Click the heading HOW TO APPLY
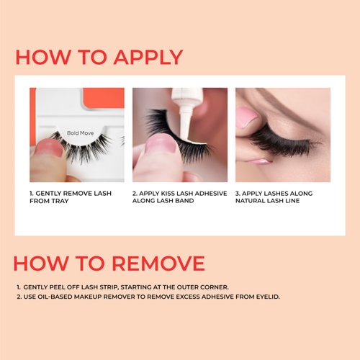coord(99,57)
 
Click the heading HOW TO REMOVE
coord(109,262)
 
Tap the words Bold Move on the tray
coord(81,133)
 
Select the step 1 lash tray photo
coord(76,135)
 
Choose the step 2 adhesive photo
coord(179,135)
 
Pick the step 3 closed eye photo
coord(282,135)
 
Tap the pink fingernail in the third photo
coord(246,117)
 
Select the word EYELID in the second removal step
coord(265,297)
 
